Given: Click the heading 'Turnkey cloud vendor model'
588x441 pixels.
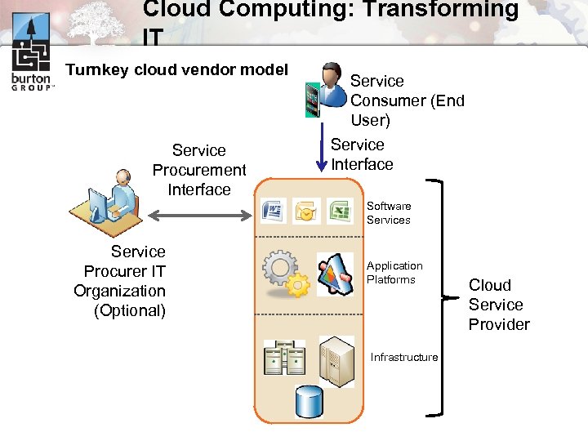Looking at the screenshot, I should (177, 69).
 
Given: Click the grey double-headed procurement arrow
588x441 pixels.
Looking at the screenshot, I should (199, 215).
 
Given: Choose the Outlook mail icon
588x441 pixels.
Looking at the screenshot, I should (305, 212).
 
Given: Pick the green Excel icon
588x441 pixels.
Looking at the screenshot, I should (339, 212).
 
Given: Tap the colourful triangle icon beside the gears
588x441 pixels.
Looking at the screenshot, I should (335, 273).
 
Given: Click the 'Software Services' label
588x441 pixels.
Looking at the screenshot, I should (389, 213).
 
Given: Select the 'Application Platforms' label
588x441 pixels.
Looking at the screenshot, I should (394, 273).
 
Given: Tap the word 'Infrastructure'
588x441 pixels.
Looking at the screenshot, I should (404, 357).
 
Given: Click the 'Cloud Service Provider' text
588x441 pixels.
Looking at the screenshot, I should (498, 305).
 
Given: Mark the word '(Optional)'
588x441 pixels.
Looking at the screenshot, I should (130, 310).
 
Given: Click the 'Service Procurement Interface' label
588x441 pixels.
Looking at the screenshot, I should (199, 170).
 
